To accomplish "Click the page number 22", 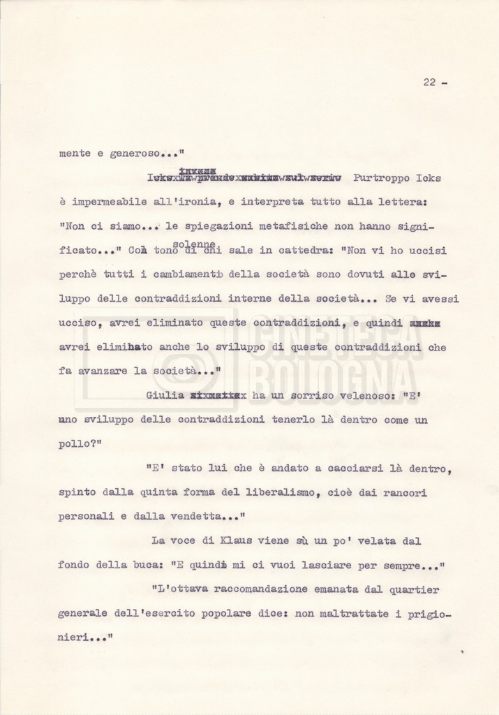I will [x=429, y=82].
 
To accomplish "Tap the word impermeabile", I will [x=103, y=202].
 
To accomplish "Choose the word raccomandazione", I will [x=254, y=590].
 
